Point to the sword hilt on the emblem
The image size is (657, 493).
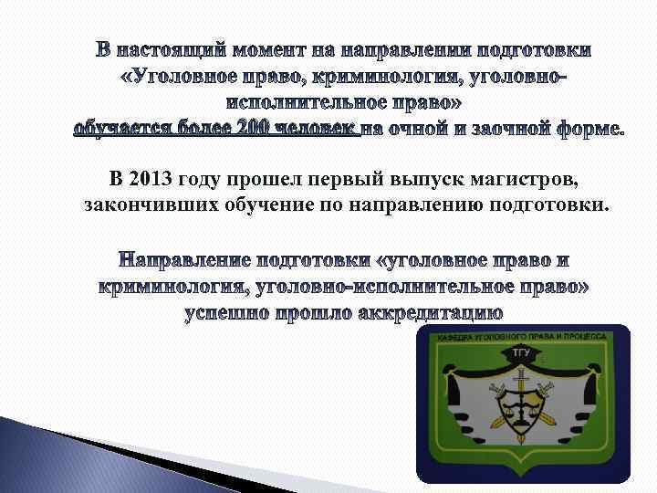(x=521, y=373)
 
